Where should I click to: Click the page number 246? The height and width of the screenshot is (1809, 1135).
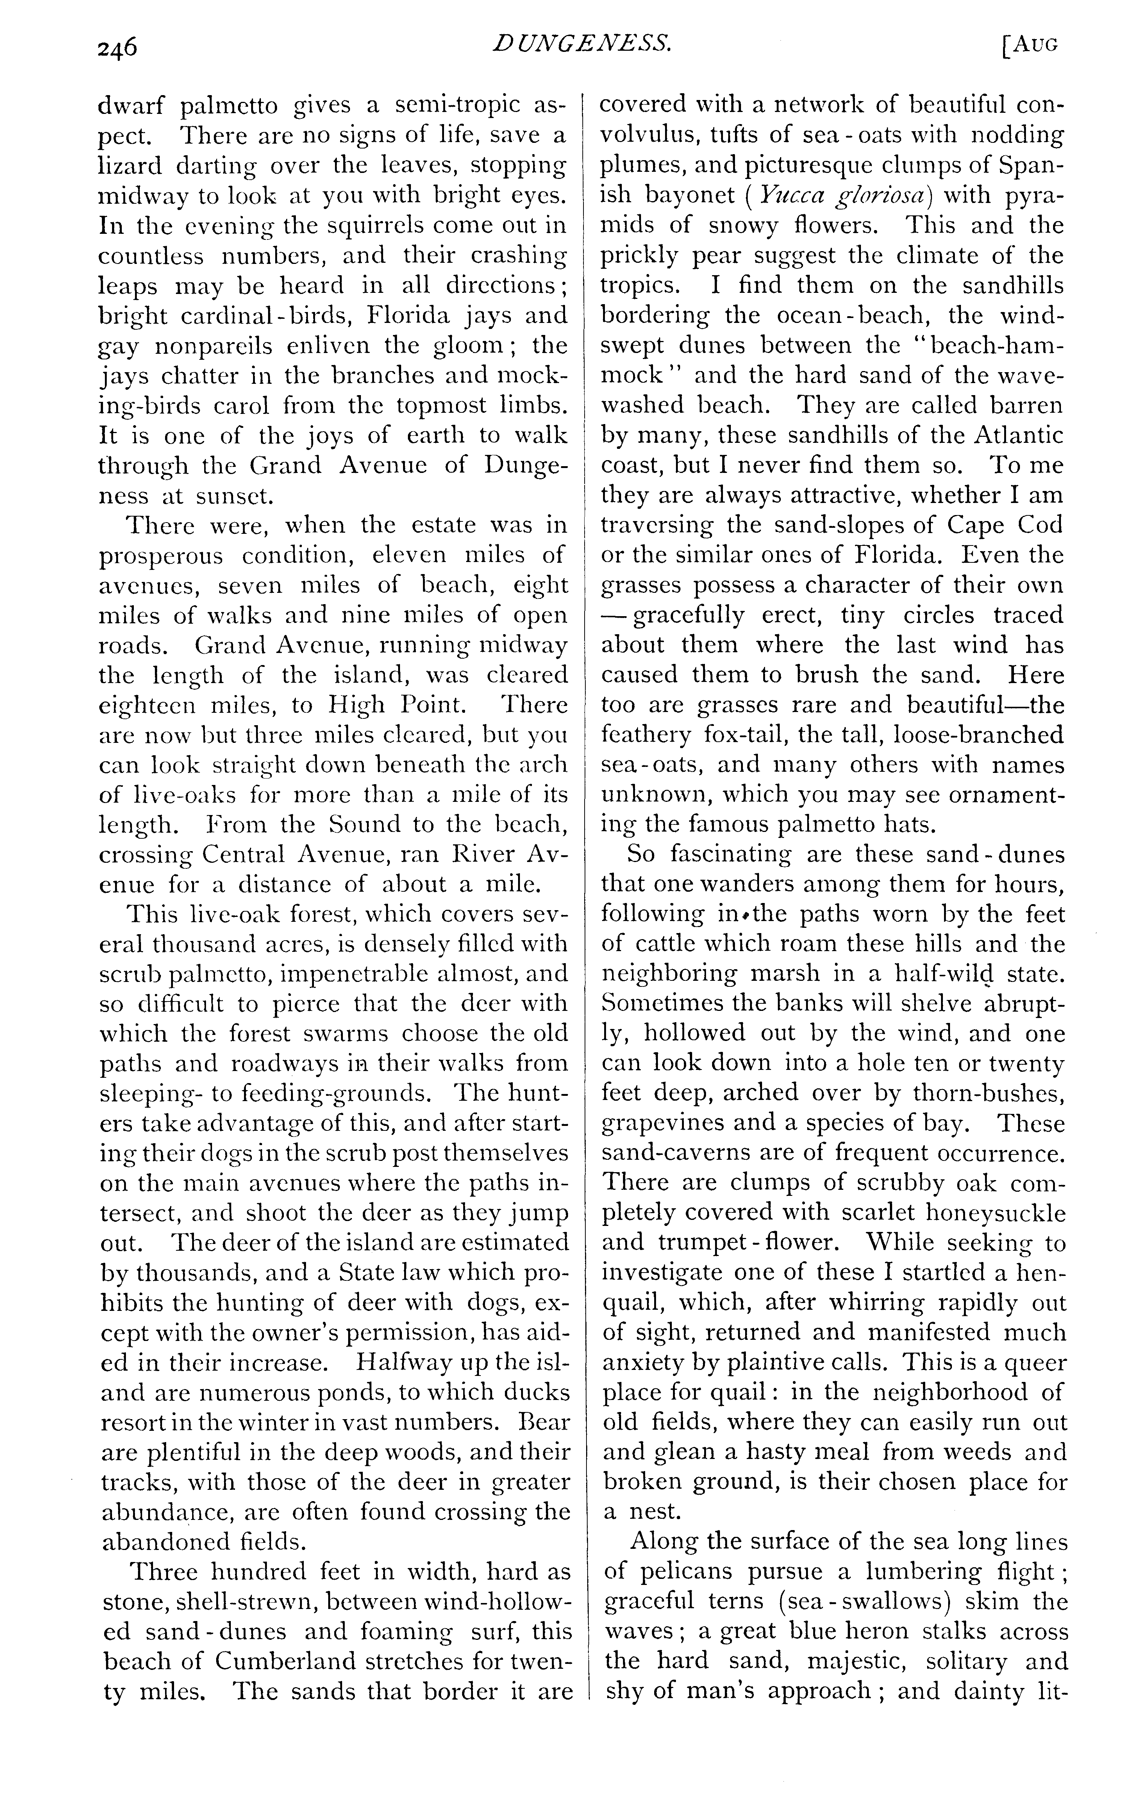pos(118,47)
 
